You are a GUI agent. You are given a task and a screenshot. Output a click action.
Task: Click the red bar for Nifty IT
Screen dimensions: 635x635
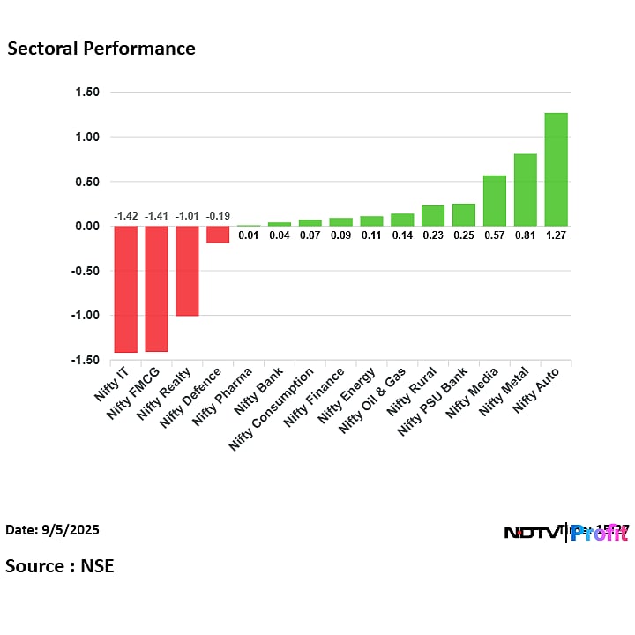(125, 288)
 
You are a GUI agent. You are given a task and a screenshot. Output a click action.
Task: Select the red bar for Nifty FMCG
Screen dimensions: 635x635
(156, 288)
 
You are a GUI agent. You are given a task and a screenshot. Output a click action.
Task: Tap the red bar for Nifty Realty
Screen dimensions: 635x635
(187, 271)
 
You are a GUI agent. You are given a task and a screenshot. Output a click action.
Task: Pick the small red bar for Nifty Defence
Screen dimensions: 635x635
(218, 234)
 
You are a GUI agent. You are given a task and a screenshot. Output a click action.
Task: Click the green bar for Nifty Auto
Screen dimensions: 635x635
(556, 169)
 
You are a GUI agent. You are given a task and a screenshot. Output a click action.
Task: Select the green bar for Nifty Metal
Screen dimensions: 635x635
(525, 190)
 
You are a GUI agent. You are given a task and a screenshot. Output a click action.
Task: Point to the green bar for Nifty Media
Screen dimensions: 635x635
(494, 200)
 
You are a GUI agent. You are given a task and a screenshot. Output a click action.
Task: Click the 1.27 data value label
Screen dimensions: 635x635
(556, 235)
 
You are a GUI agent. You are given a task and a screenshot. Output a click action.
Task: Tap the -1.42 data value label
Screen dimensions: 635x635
(125, 216)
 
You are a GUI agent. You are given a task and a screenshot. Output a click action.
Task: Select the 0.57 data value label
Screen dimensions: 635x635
(494, 235)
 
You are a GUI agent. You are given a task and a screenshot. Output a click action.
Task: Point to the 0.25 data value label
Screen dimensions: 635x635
(463, 235)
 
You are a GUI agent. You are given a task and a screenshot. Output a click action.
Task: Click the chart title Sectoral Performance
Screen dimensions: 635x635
(101, 49)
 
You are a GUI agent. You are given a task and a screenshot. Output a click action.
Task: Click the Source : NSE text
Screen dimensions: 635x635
(60, 565)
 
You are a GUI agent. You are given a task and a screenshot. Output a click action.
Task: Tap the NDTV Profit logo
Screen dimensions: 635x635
(565, 533)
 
